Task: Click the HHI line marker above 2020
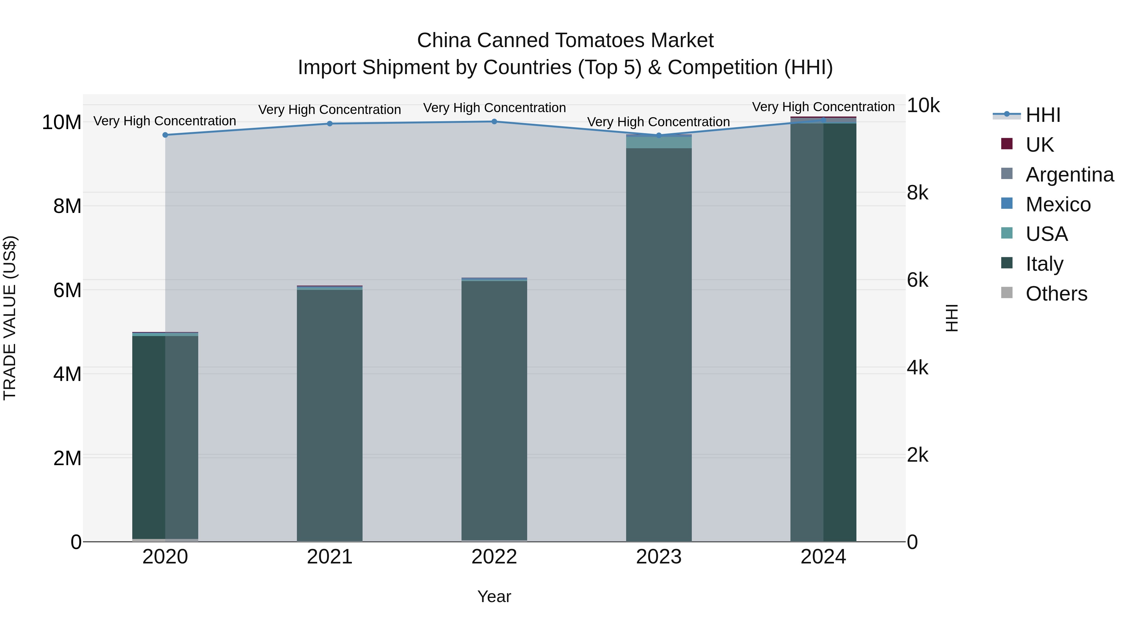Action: click(x=165, y=135)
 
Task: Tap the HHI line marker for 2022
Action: click(x=494, y=122)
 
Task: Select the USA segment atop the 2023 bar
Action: click(x=658, y=143)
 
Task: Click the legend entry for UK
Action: click(x=1039, y=145)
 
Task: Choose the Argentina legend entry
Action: click(x=1069, y=175)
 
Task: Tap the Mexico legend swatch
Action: click(x=1006, y=204)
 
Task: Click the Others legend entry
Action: click(x=1056, y=294)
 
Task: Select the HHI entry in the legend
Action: click(x=1043, y=115)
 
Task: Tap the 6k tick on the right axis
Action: click(x=918, y=280)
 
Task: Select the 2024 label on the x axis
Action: click(x=823, y=557)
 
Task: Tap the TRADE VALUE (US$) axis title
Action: click(x=10, y=318)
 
